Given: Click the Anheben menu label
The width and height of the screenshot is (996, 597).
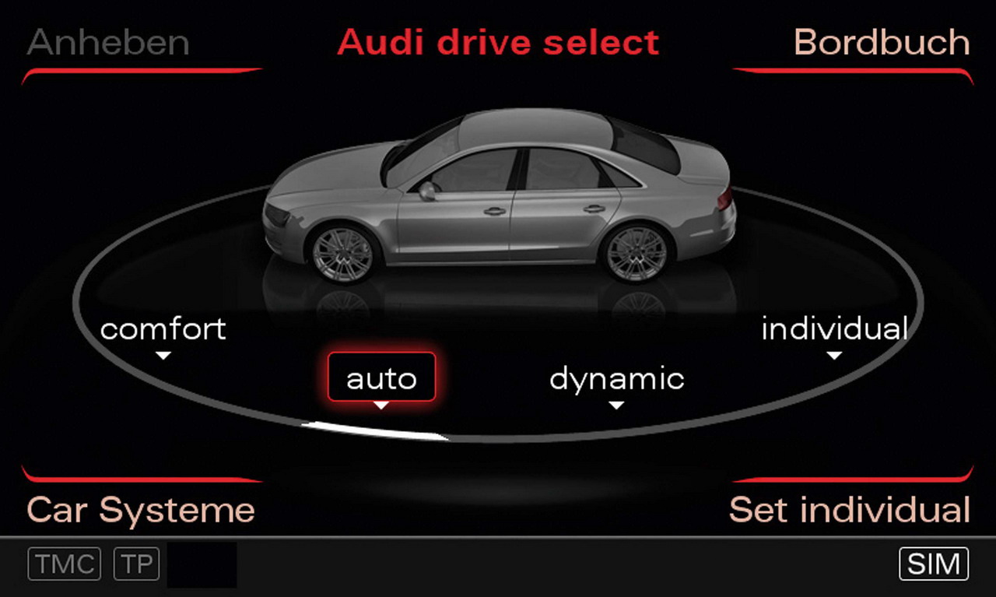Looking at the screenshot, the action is point(108,42).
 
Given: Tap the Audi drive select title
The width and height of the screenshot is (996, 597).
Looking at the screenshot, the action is point(498,42).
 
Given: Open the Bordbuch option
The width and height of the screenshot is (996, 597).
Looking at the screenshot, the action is point(882,42).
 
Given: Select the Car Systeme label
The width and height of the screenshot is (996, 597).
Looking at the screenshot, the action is point(141,510).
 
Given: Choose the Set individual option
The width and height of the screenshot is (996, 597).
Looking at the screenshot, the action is point(850,509).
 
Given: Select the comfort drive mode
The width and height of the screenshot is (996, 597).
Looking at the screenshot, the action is point(163,329).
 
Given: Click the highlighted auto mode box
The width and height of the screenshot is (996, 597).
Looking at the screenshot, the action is point(381,377).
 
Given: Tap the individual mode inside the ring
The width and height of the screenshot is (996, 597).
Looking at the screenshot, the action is point(835,328).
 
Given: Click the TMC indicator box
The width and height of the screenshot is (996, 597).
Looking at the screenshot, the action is point(65,564).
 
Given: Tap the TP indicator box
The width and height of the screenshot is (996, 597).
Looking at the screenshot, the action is point(136,564).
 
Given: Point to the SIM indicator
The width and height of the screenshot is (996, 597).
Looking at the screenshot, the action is point(934,564).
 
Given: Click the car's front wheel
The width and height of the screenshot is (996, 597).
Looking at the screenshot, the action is point(343,255).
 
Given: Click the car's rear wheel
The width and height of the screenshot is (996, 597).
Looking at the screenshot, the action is point(637,253).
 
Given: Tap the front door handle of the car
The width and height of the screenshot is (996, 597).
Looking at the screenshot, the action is point(494,211).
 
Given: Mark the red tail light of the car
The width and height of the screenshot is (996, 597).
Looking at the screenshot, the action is point(724,198).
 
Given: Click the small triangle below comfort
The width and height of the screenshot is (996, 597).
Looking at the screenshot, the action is point(163,356).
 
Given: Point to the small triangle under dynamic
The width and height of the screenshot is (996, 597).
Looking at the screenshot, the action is point(616,406).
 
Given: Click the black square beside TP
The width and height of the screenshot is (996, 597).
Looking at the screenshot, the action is point(202,564).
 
